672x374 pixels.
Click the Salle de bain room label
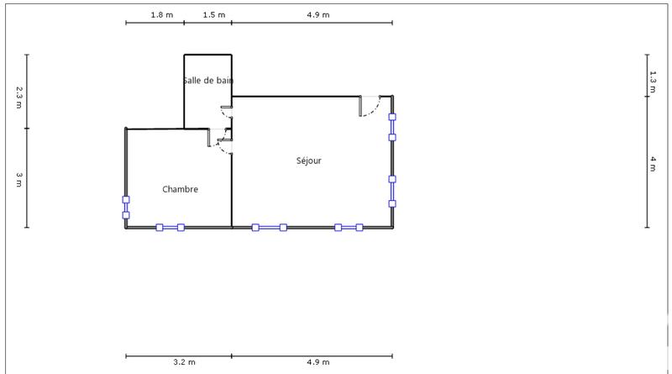point(207,81)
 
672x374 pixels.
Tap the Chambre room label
point(180,190)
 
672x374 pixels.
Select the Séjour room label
point(308,161)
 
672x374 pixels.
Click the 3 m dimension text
point(18,179)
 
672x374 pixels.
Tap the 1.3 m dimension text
point(654,78)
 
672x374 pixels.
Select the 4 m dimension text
point(654,164)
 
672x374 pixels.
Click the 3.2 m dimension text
point(184,362)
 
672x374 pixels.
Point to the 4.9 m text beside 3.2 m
point(318,362)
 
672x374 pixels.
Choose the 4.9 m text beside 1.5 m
point(318,15)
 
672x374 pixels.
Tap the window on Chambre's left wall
point(126,208)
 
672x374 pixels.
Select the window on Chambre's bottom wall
point(170,227)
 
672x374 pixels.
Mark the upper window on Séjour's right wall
point(391,127)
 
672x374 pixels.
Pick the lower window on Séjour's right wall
point(391,191)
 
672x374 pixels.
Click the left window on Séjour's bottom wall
point(269,227)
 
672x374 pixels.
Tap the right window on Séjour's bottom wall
point(349,227)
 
